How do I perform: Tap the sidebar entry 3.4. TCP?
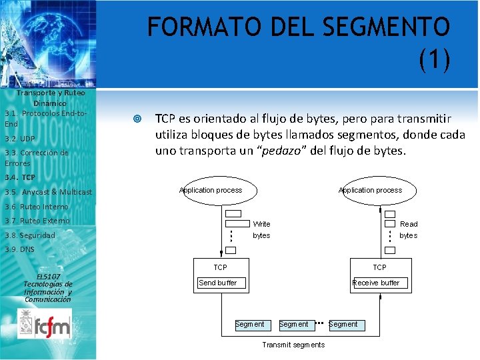point(20,177)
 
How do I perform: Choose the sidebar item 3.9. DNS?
point(19,249)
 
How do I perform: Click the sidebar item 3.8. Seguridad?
point(30,235)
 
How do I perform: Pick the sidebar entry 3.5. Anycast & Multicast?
point(48,192)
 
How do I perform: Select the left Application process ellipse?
point(211,190)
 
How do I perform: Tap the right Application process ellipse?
point(371,190)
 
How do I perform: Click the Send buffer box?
point(218,283)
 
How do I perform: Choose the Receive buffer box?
point(377,283)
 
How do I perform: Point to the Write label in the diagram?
point(261,224)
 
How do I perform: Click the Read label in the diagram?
point(409,224)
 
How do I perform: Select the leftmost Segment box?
point(250,325)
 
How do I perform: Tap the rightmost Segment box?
point(343,325)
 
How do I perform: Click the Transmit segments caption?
point(293,345)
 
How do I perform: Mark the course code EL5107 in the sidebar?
point(48,276)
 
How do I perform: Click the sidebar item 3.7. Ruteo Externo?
point(37,221)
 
